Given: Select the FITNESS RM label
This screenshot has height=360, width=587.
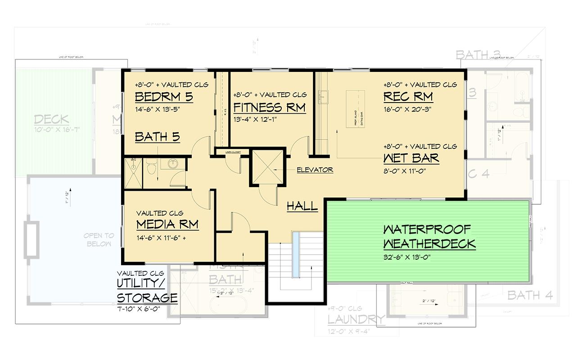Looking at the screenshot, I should [x=269, y=108].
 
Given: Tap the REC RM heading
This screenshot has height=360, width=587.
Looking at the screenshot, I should [x=408, y=97].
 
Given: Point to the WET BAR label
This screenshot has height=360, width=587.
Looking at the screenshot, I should [x=411, y=158].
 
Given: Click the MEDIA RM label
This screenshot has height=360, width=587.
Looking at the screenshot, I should [x=167, y=225].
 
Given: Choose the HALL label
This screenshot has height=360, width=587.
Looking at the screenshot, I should [x=302, y=207].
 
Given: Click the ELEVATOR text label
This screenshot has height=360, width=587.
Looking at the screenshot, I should [x=315, y=170].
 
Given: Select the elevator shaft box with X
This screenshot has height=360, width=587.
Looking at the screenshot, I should [x=267, y=167].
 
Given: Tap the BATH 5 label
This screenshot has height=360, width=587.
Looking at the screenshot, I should [x=157, y=137].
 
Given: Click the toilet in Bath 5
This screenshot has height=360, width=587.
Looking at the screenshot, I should [x=151, y=168].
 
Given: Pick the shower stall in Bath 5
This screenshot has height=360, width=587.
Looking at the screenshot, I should [x=133, y=172].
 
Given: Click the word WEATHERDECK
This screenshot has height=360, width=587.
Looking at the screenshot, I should [x=429, y=244].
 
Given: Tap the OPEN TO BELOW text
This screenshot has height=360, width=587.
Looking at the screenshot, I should [x=99, y=239].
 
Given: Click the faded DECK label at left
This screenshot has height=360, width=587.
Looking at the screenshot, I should [x=51, y=120].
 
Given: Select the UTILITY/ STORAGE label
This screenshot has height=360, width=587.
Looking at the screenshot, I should [x=147, y=291].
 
